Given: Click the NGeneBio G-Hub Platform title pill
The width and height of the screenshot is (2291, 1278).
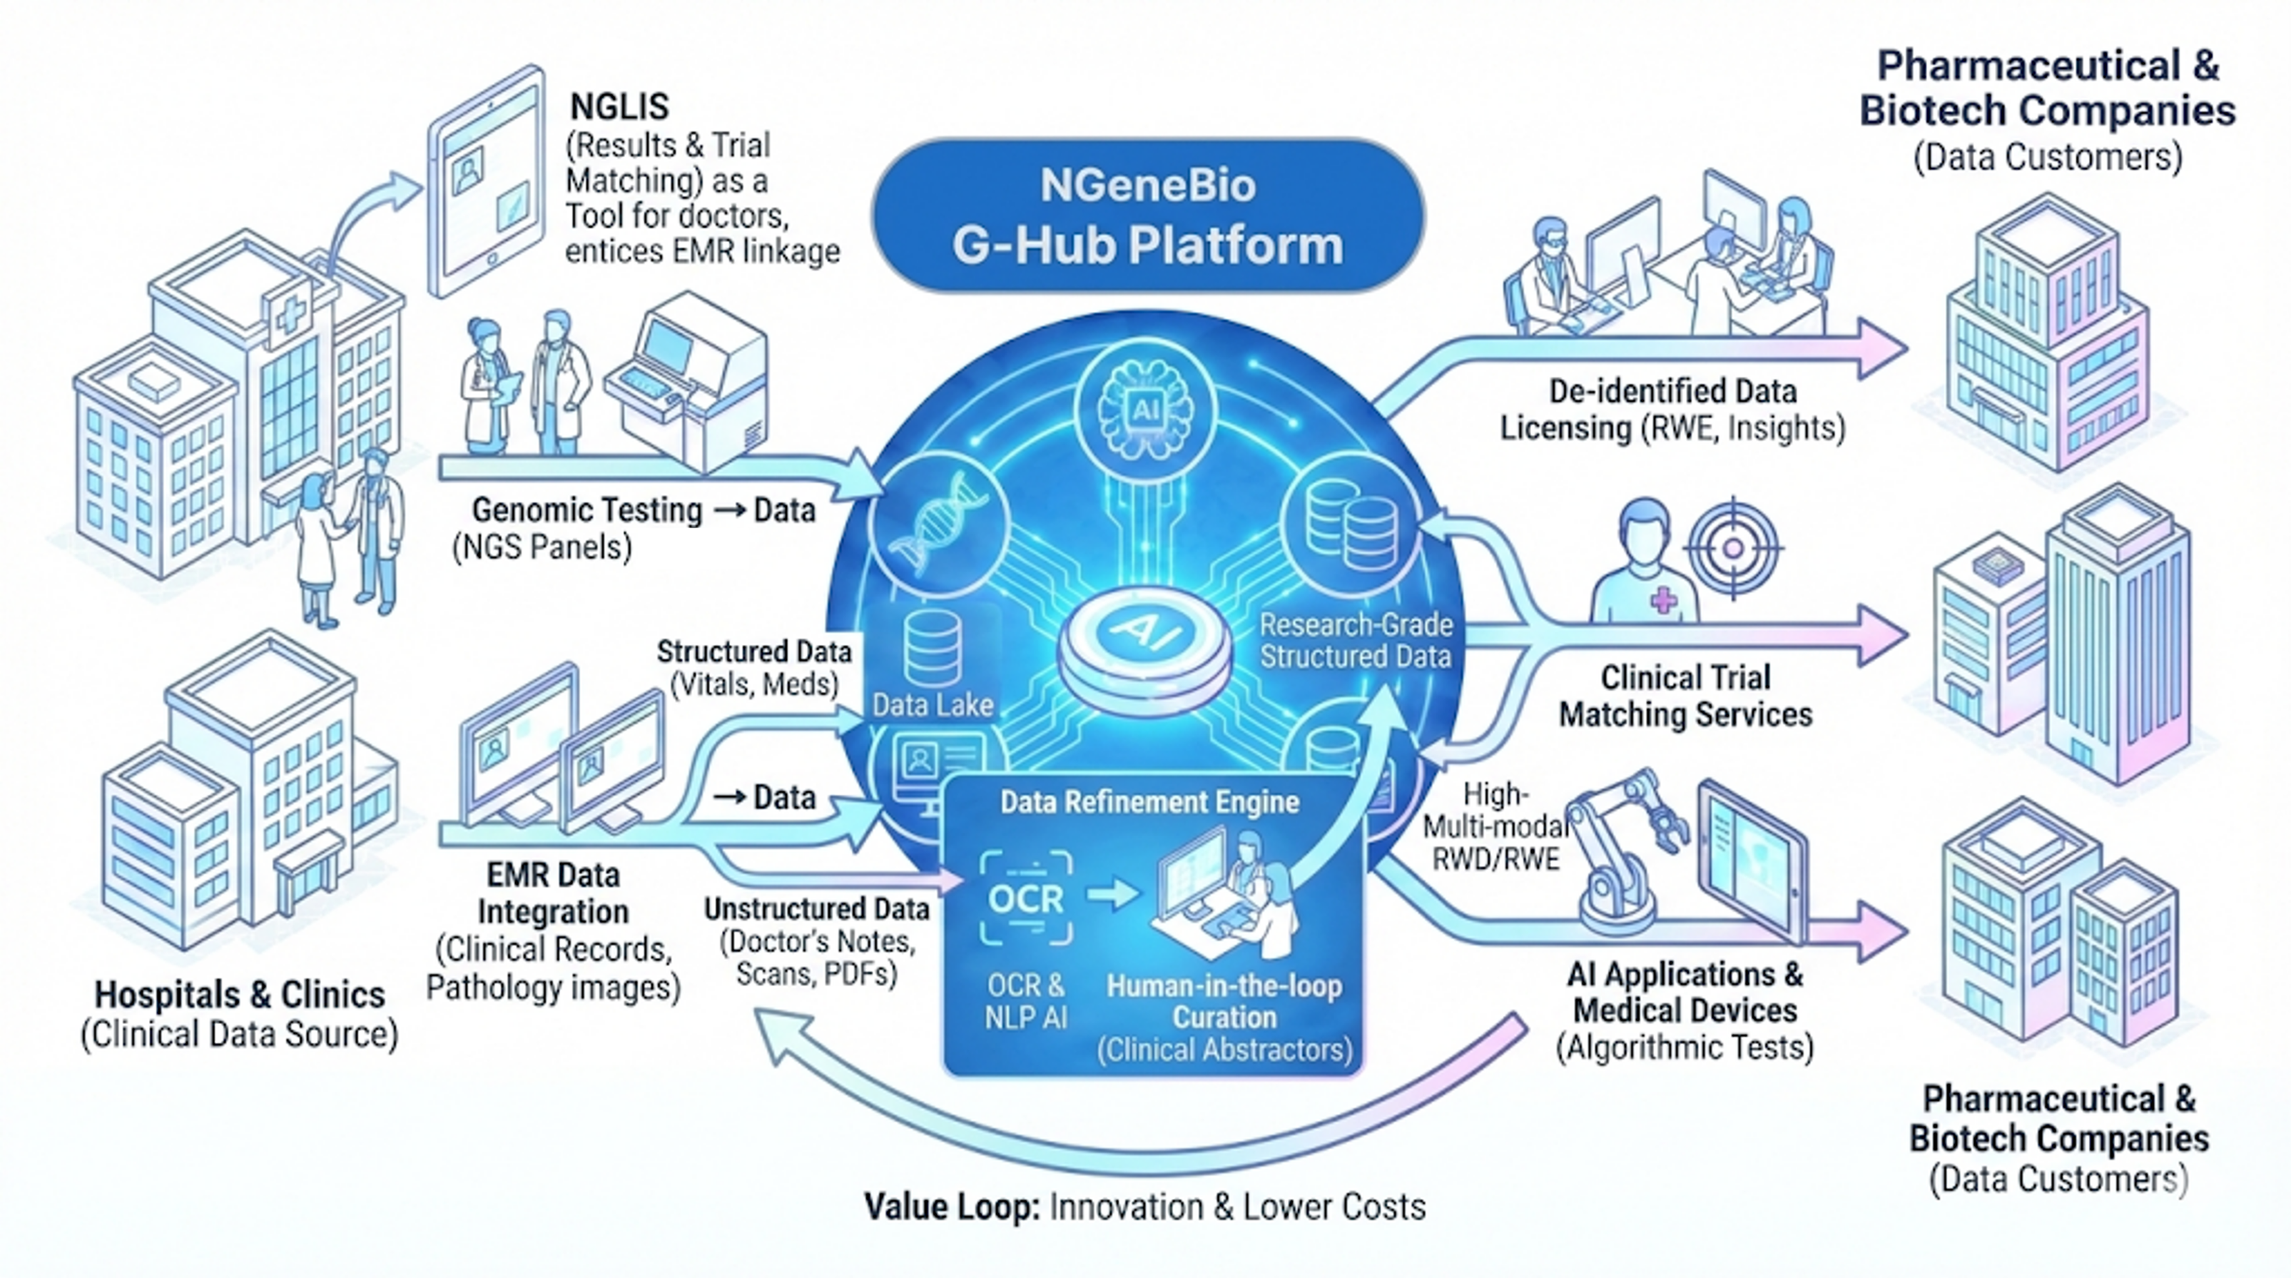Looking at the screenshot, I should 1147,215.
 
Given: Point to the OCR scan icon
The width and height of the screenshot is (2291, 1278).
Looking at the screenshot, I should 1025,898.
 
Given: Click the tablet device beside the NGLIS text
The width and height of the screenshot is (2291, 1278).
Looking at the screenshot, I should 487,183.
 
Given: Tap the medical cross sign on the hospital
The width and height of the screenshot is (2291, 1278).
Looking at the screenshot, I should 290,312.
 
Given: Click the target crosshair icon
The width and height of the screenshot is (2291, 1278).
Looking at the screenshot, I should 1732,548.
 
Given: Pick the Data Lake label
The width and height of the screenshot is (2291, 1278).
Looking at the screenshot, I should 932,705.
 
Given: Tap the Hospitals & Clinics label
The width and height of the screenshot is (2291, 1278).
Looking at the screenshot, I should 240,994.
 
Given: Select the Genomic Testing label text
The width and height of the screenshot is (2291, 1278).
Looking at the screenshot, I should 587,509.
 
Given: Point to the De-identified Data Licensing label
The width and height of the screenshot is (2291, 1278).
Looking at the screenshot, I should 1672,409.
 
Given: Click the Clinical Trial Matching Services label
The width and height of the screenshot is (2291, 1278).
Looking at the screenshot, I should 1685,696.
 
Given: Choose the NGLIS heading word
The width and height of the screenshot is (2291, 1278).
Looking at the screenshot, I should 619,107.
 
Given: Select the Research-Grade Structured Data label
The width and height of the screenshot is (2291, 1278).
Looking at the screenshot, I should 1356,640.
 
